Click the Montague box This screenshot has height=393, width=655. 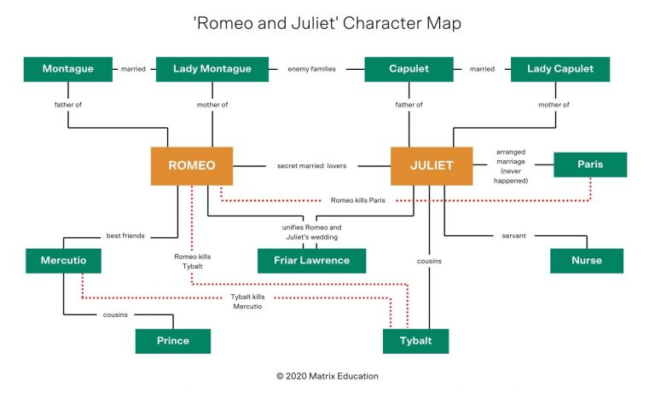click(x=68, y=69)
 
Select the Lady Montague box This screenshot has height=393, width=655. click(x=210, y=69)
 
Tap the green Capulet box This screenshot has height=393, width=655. click(x=409, y=69)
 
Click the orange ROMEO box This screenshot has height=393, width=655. click(x=192, y=165)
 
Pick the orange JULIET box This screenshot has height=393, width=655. click(x=432, y=165)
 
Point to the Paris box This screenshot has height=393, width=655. click(x=589, y=165)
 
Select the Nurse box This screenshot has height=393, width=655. click(x=587, y=261)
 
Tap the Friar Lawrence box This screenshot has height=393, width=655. click(x=311, y=261)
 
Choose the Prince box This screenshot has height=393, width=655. click(x=172, y=341)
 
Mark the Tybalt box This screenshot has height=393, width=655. click(x=415, y=341)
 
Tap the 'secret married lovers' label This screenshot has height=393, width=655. click(x=311, y=165)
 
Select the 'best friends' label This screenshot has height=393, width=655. click(x=125, y=235)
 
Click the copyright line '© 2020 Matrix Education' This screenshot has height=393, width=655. click(x=327, y=376)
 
